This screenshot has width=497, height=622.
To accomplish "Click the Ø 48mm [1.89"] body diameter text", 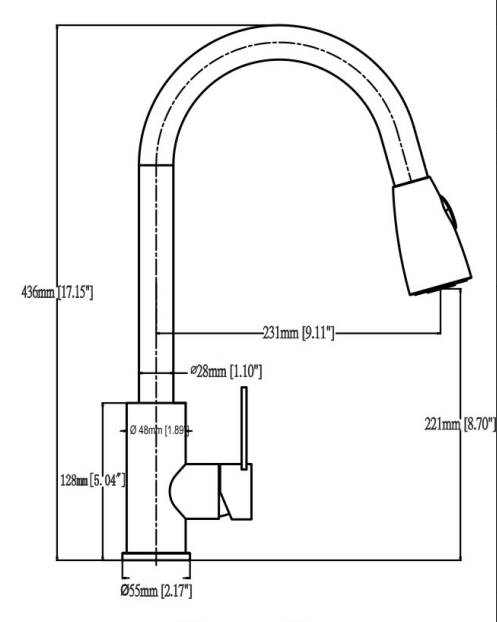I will pos(158,430).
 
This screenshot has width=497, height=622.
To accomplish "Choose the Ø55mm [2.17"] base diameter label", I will pos(156,592).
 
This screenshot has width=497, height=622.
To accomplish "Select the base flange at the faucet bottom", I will pos(156,564).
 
